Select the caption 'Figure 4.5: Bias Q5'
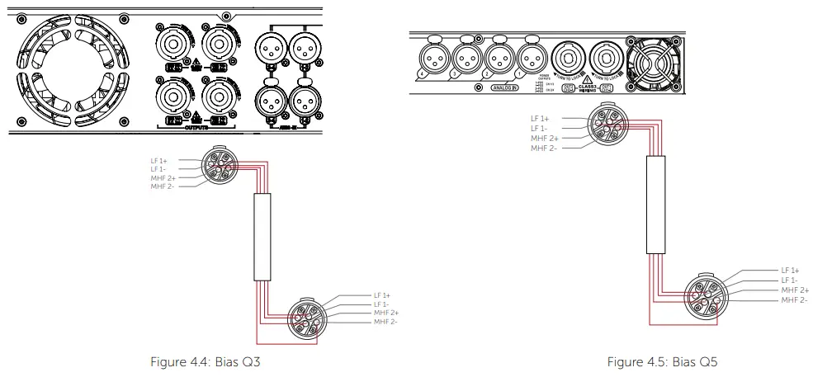(x=657, y=362)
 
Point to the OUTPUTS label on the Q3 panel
(x=196, y=128)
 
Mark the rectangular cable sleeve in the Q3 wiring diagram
(x=262, y=238)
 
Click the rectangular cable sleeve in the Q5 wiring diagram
(x=656, y=204)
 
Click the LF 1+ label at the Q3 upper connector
(x=158, y=160)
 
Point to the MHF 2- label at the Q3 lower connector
(x=385, y=322)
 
